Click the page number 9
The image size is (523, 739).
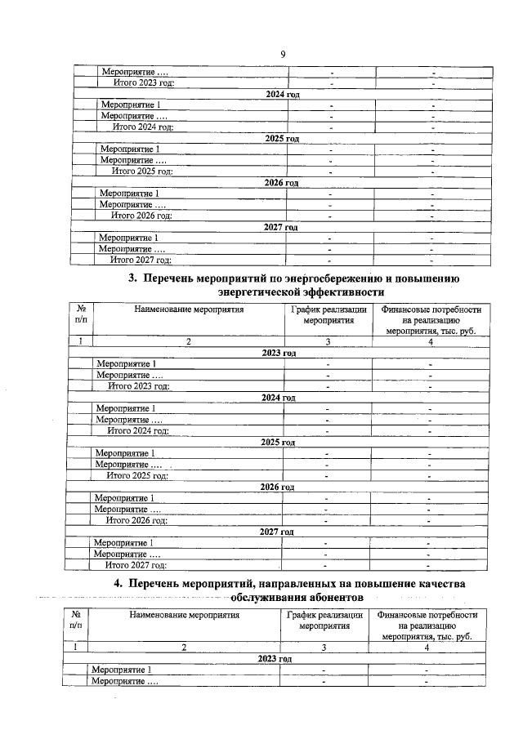[x=282, y=54]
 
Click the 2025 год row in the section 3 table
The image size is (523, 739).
[x=276, y=443]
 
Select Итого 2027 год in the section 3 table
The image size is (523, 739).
[x=137, y=564]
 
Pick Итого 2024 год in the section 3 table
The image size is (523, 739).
[x=139, y=430]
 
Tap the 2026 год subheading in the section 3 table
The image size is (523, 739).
[x=275, y=487]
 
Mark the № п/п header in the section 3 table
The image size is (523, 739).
[x=81, y=315]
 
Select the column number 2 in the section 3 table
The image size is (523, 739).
[x=188, y=342]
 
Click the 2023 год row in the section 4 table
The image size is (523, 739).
[x=274, y=658]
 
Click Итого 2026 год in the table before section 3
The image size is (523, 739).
[x=141, y=216]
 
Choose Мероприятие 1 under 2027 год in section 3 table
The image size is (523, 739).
[x=124, y=542]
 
